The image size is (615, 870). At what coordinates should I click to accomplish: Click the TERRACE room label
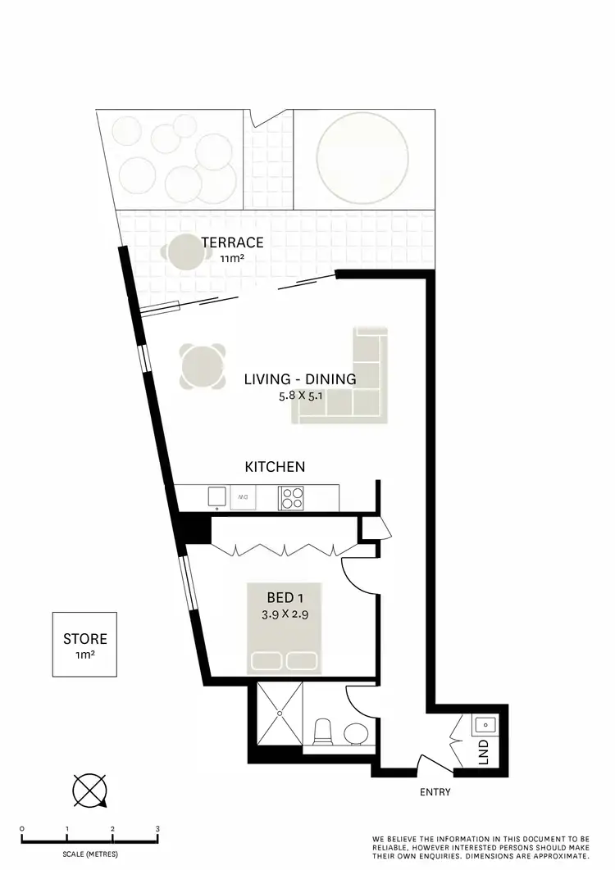pos(233,242)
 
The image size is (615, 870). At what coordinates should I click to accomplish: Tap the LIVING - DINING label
pos(300,379)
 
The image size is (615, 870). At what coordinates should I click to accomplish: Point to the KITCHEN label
pos(276,467)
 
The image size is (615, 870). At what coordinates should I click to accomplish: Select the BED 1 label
pos(283,596)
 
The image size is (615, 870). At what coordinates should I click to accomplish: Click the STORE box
pos(84,644)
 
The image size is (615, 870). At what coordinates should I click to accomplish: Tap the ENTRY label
pos(435,792)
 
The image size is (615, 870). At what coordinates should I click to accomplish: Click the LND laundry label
pos(483,749)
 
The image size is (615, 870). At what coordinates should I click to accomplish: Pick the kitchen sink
pos(217,496)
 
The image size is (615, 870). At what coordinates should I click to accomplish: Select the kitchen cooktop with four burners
pos(292,497)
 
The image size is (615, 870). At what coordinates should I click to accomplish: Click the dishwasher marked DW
pos(244,496)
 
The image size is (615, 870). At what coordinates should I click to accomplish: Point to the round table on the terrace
pos(186,253)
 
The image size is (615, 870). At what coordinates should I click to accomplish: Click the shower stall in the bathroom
pos(280,714)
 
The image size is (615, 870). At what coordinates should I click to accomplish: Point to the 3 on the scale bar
pos(157,829)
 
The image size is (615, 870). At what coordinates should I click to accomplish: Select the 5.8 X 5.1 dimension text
pos(300,396)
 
